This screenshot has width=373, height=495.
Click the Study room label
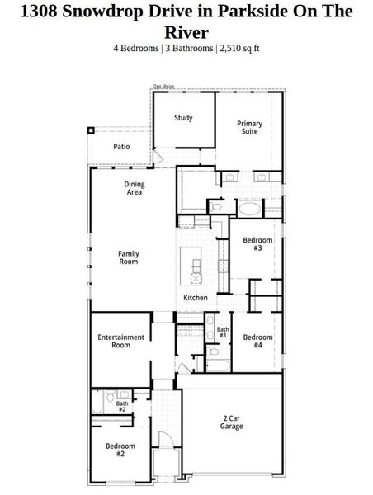[183, 118]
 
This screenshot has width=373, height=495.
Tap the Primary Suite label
[250, 128]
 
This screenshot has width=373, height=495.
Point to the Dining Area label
[134, 188]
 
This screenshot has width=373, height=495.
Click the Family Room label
[128, 257]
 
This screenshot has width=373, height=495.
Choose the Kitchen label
[196, 297]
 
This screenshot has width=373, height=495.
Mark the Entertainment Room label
[120, 341]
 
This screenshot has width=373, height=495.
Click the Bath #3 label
[223, 333]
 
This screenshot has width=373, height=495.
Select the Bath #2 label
[121, 406]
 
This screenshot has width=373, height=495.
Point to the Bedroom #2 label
[120, 450]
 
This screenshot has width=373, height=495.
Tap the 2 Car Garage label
[232, 422]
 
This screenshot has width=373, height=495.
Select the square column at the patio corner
[92, 130]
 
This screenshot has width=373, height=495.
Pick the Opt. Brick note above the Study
[163, 87]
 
